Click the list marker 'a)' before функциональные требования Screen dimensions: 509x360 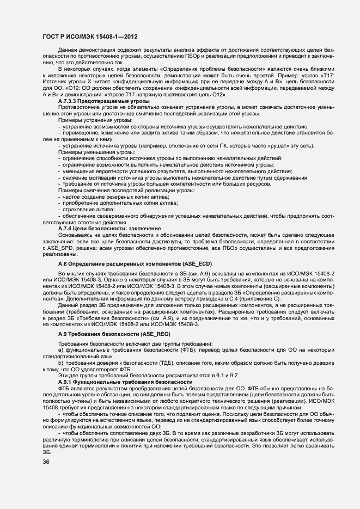(x=61, y=351)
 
